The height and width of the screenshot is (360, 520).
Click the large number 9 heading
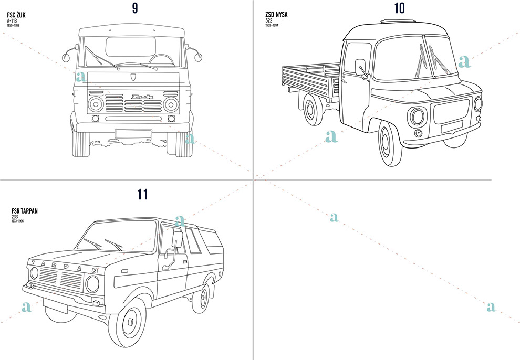click(136, 8)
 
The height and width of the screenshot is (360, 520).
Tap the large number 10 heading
click(399, 8)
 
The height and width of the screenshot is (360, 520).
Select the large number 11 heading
click(142, 195)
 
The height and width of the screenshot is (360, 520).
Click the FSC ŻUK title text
click(16, 15)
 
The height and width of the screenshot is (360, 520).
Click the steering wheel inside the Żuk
click(162, 59)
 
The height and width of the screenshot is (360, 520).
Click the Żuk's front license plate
click(133, 133)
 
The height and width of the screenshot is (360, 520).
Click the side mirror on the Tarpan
click(177, 240)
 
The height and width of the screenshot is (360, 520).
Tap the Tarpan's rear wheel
click(200, 298)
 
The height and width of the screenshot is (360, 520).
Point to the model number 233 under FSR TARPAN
click(15, 217)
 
